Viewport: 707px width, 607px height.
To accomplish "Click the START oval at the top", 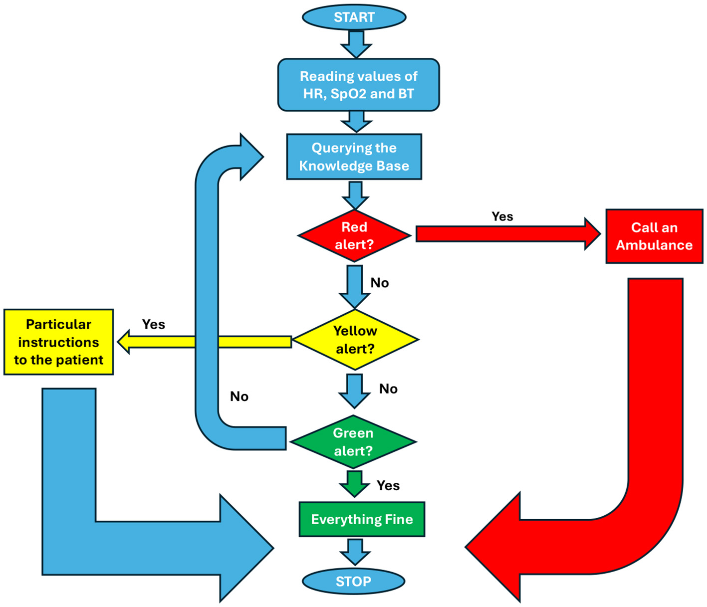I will pos(354,17).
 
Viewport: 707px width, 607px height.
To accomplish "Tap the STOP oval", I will pos(353,581).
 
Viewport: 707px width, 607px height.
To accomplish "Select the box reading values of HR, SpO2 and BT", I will pos(358,85).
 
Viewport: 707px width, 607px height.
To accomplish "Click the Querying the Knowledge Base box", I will pos(354,157).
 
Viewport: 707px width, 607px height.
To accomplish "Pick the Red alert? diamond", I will pos(354,235).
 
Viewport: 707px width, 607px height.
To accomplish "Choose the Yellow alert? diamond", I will pos(355,340).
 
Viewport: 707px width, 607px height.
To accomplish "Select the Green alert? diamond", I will pos(353,442).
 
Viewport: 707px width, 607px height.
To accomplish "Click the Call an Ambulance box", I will pos(654,236).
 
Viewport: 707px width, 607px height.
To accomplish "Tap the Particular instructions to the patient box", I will pos(58,342).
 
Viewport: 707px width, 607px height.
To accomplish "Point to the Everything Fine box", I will pos(362,519).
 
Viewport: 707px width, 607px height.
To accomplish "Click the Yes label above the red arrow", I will pos(502,216).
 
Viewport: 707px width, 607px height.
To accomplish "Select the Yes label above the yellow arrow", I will pos(153,324).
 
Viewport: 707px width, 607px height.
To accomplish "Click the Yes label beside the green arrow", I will pos(388,485).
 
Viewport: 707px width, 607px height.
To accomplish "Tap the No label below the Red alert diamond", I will pos(379,283).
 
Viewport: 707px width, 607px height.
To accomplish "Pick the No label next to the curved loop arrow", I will pos(239,397).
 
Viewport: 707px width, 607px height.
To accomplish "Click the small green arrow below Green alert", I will pos(354,483).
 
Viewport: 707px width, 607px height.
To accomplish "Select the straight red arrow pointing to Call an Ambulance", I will pos(506,234).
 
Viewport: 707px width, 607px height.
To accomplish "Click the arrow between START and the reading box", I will pos(356,44).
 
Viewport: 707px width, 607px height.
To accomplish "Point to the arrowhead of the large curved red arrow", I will pos(494,547).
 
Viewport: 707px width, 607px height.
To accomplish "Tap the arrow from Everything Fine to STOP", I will pos(355,551).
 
